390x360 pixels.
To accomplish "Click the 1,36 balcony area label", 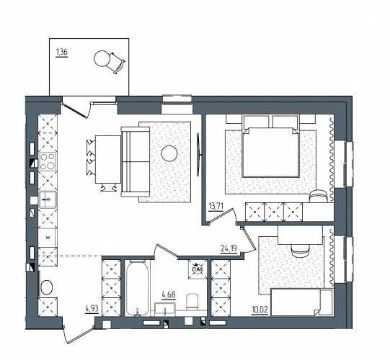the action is [x=62, y=53].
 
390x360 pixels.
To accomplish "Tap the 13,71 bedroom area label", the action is [x=217, y=207].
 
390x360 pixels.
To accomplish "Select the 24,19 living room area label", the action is [x=229, y=248].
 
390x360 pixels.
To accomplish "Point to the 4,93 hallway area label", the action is [x=92, y=309].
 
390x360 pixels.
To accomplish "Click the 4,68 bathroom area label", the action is [x=169, y=295].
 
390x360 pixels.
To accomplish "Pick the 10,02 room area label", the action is [x=260, y=310].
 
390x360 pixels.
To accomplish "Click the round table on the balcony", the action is [x=102, y=58].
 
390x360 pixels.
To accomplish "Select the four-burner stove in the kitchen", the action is [x=48, y=162].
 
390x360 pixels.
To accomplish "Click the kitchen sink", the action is [x=48, y=199].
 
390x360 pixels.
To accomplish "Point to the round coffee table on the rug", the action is [x=169, y=153].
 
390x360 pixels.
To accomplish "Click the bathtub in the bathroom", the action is [x=137, y=289].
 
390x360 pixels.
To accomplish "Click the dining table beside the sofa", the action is [x=108, y=159].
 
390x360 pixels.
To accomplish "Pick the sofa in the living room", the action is [x=136, y=161].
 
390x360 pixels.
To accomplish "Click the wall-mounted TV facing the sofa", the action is [x=198, y=155].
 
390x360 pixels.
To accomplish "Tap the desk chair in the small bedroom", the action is [x=300, y=250].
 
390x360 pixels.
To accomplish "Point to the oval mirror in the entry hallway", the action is [x=46, y=287].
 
